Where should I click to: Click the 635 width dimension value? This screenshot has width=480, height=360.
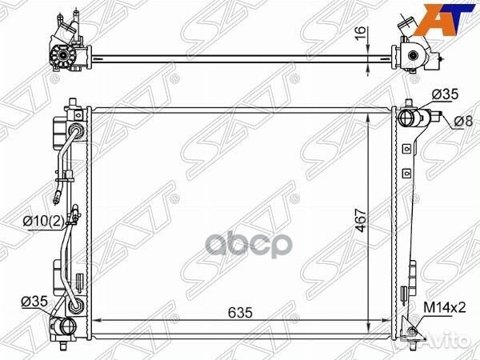pos(240,312)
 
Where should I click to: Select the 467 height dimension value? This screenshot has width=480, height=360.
pos(362,221)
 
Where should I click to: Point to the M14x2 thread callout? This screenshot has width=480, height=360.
pos(445,307)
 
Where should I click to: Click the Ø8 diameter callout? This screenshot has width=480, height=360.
pos(463,122)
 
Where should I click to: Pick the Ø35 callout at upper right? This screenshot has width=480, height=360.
pos(445,94)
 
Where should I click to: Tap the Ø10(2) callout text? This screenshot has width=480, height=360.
pos(43,221)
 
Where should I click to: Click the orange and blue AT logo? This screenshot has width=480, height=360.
pos(447,19)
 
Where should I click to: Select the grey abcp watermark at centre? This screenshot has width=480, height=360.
pos(249,245)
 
